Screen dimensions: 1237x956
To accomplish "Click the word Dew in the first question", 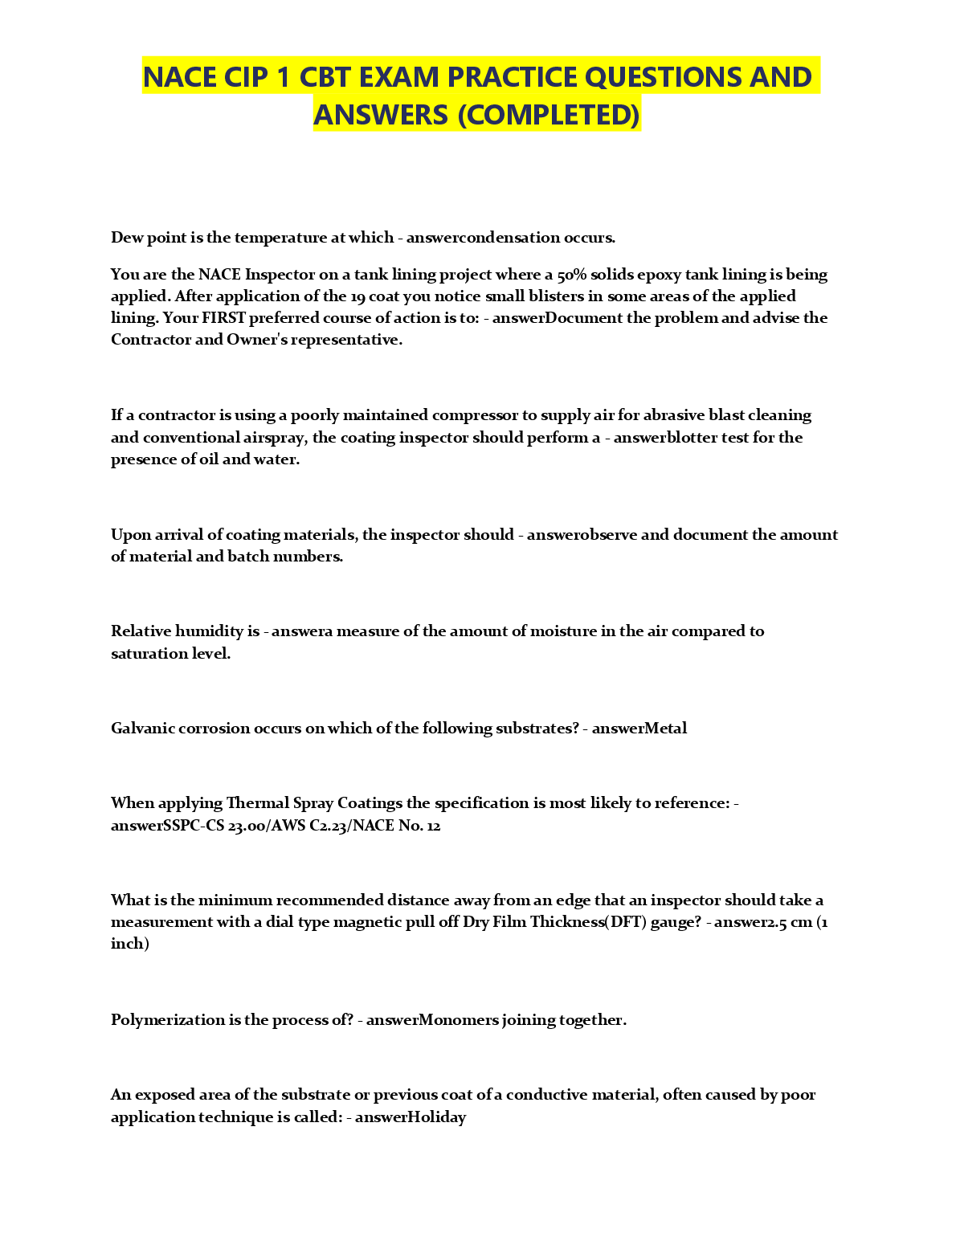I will [125, 238].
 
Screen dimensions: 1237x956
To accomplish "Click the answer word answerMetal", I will [639, 729].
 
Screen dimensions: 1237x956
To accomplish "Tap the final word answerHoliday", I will [410, 1117].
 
